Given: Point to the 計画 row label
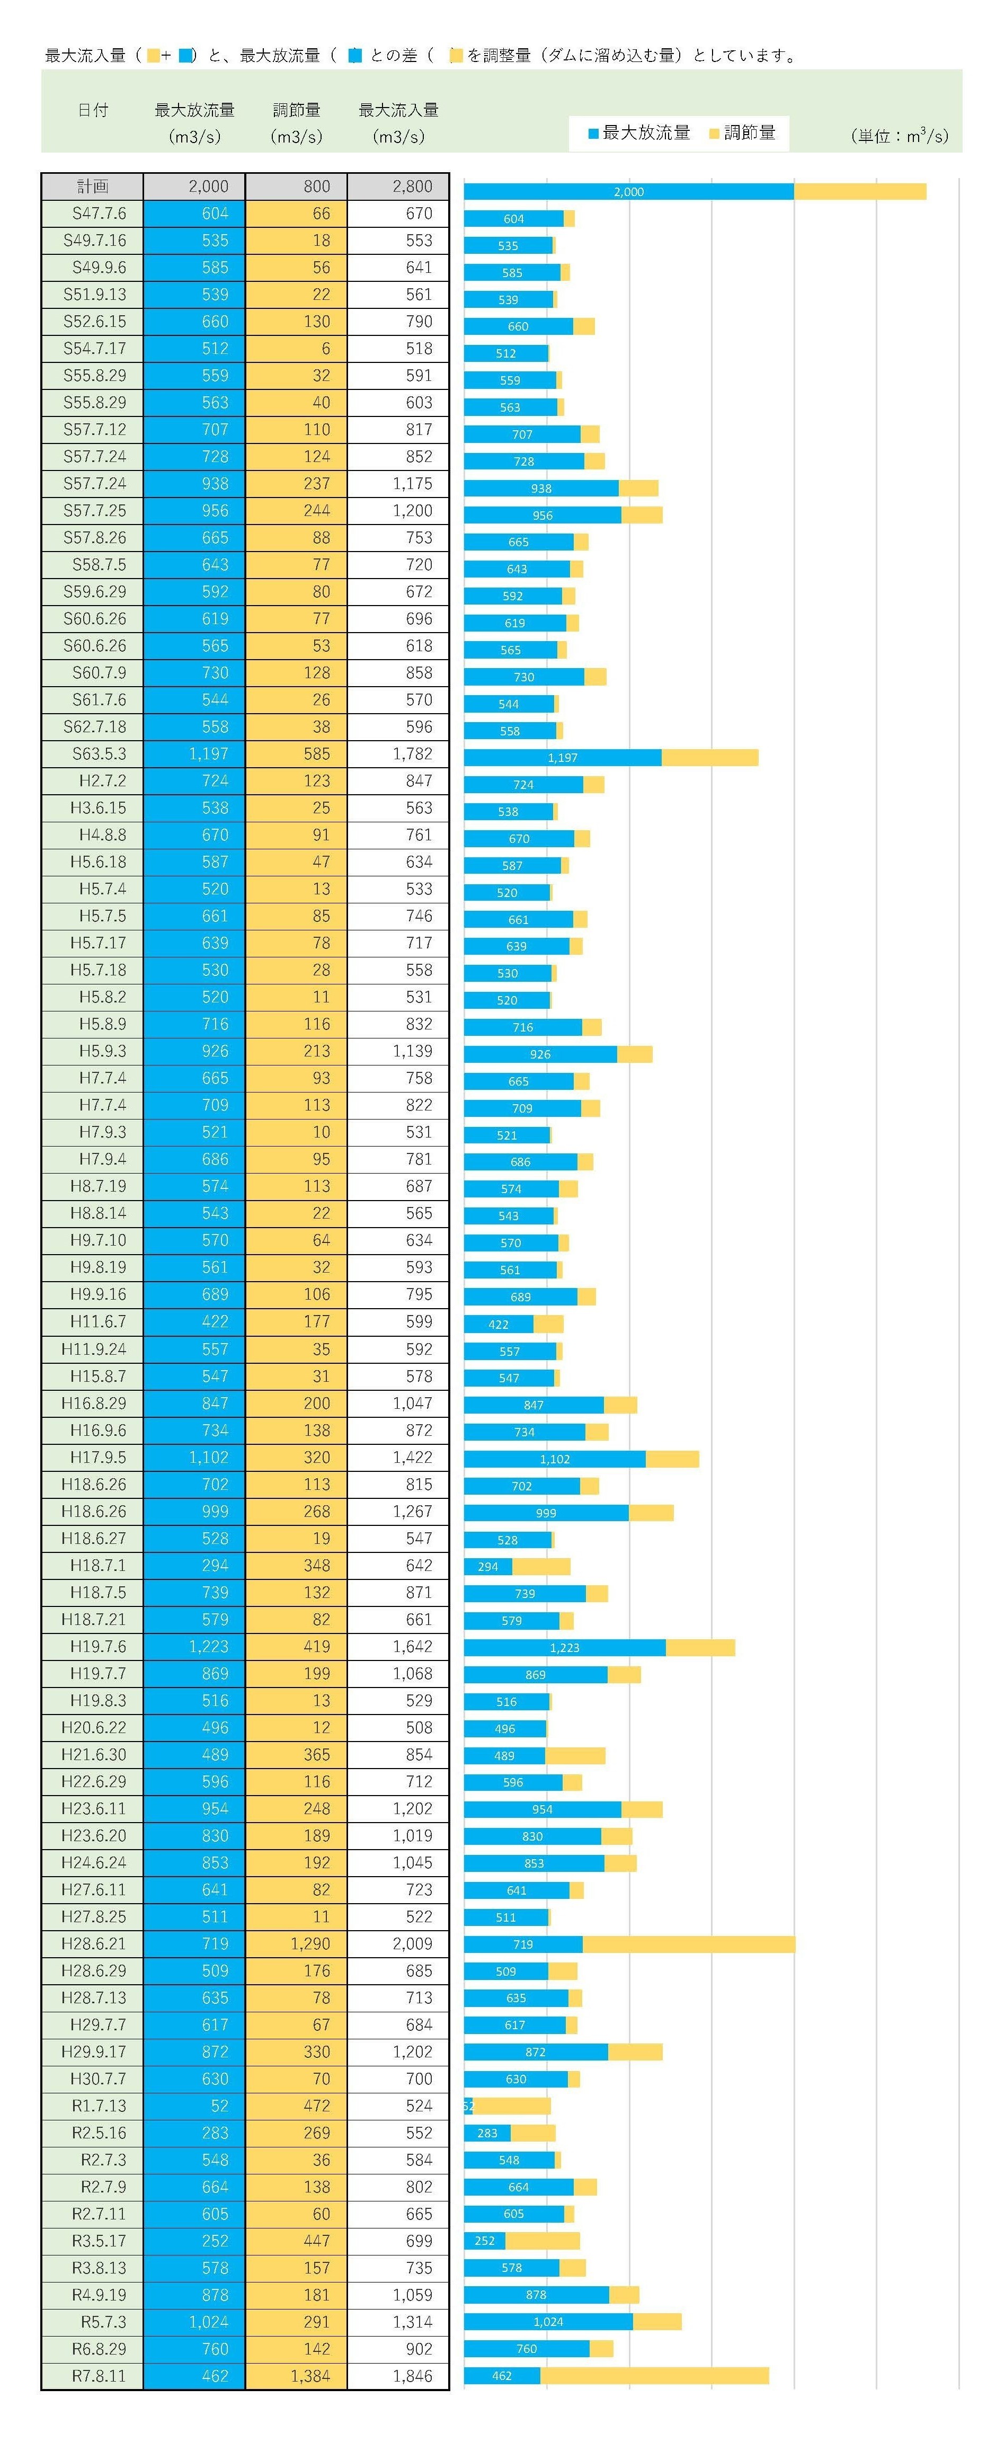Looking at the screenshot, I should (x=93, y=186).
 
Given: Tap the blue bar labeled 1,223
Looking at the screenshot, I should (x=565, y=1647).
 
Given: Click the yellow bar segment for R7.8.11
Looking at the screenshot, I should (x=654, y=2376).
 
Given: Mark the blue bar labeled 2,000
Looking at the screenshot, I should (x=629, y=192).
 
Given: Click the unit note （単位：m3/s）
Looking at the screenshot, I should (x=899, y=136).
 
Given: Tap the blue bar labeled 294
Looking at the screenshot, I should (x=487, y=1566).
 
